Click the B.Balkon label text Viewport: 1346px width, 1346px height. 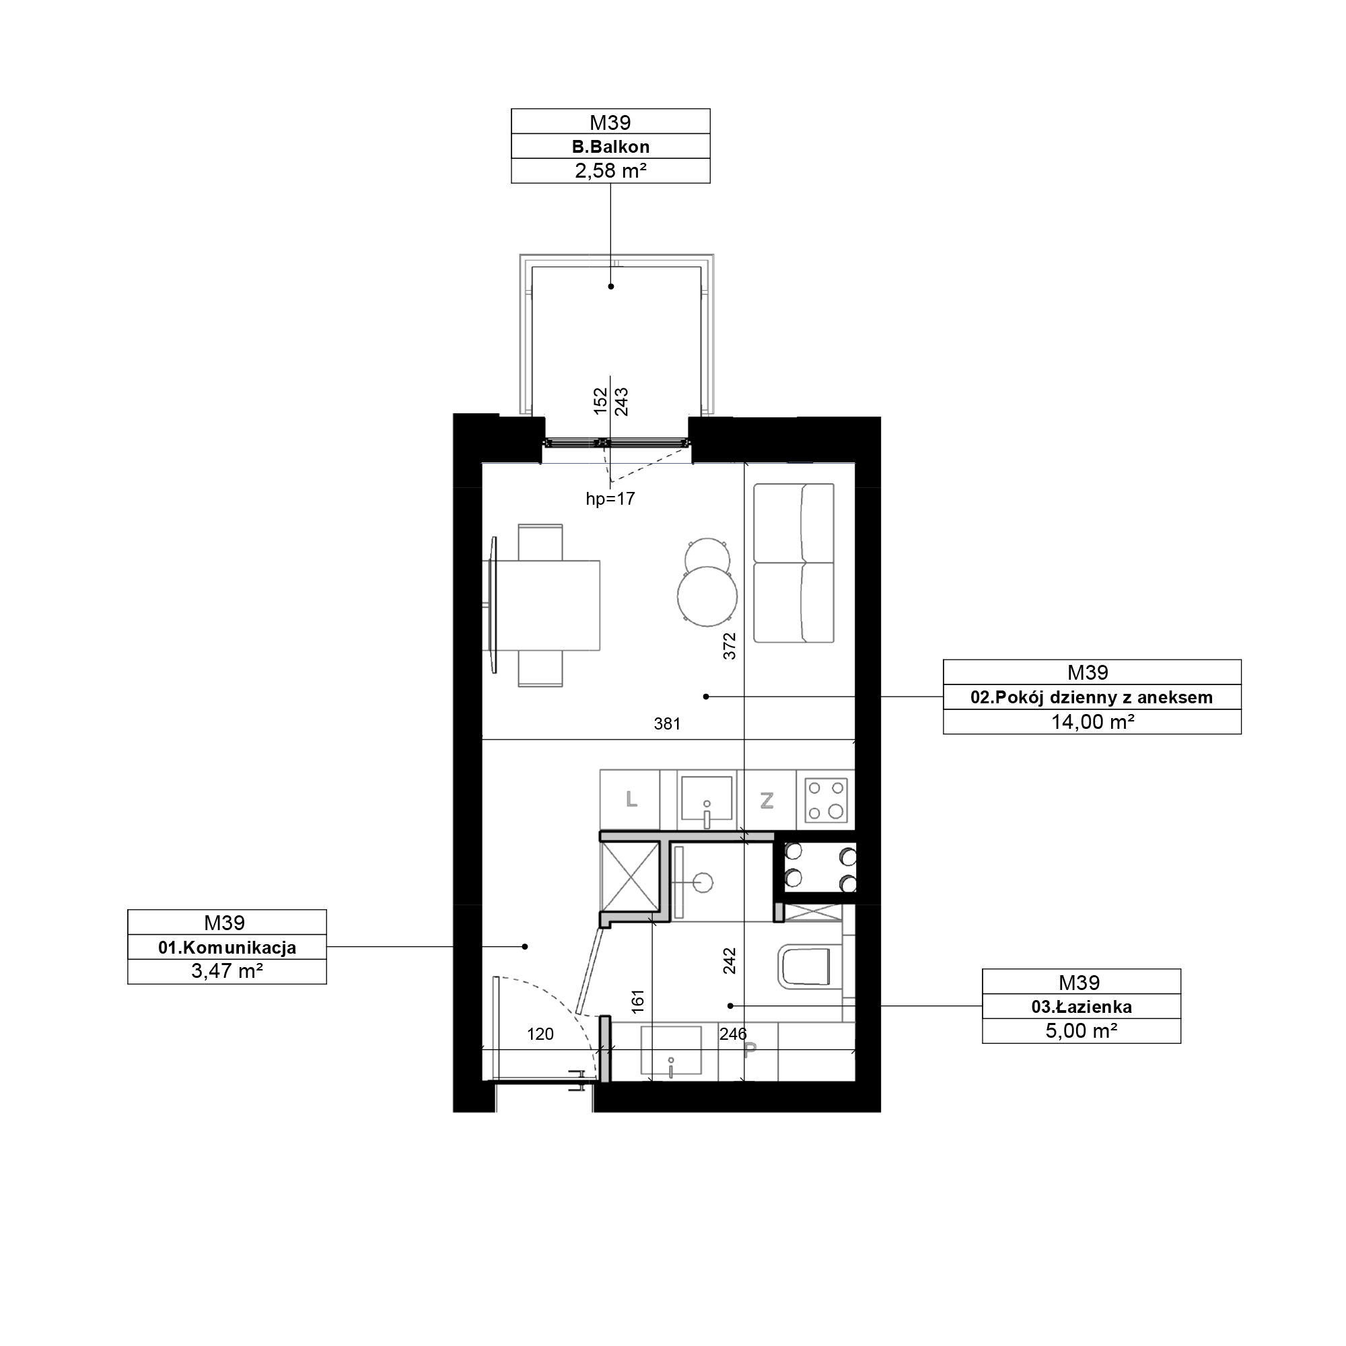click(610, 147)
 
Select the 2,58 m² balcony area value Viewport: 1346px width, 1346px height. click(610, 171)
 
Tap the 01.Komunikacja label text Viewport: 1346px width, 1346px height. click(227, 948)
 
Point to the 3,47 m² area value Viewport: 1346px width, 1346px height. click(227, 971)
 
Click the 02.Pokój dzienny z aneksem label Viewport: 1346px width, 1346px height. click(1092, 697)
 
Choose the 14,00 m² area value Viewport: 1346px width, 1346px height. click(1092, 721)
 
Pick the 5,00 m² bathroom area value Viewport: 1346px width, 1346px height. click(1082, 1030)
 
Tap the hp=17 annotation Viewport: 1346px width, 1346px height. click(610, 499)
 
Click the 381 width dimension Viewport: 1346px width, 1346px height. click(667, 725)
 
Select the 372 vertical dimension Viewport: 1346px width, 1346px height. click(730, 646)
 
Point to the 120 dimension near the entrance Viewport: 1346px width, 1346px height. click(540, 1034)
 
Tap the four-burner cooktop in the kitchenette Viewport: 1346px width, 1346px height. click(826, 800)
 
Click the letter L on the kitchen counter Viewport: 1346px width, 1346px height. click(631, 799)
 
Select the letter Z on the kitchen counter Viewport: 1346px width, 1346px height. click(767, 801)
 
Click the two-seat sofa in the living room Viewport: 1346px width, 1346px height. click(793, 563)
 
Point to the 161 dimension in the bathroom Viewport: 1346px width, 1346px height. click(637, 1001)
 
